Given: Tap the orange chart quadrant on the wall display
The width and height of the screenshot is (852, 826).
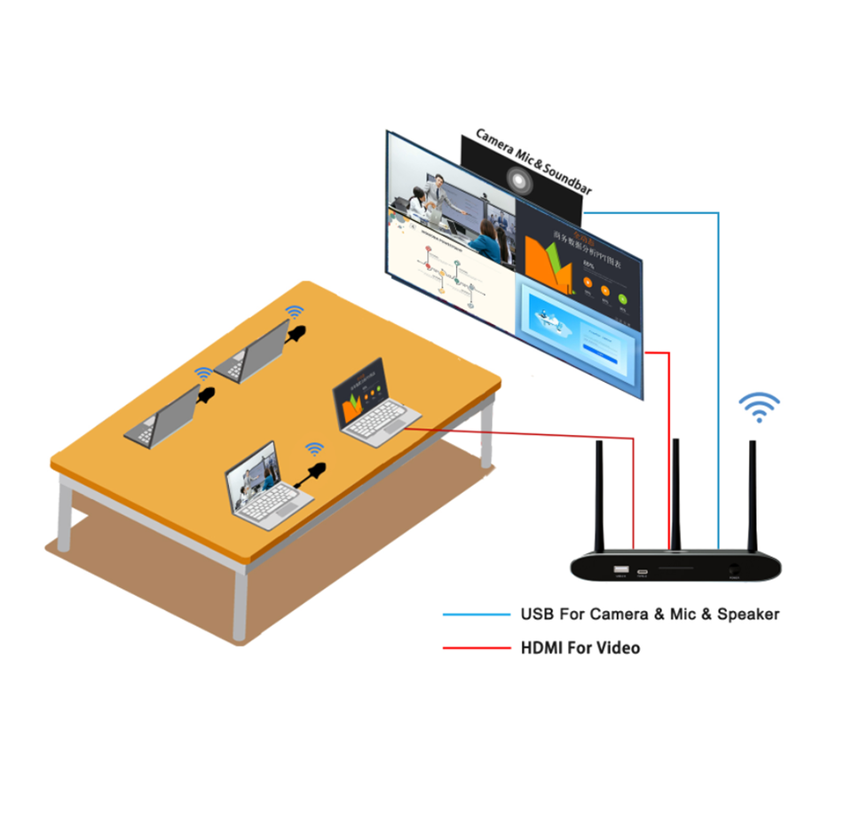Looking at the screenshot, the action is coord(576,254).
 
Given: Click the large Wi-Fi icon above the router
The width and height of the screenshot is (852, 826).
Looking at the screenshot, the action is coord(760,407).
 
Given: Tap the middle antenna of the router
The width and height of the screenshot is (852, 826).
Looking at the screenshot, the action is coord(675,493).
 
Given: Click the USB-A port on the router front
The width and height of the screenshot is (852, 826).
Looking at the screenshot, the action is coord(621,569).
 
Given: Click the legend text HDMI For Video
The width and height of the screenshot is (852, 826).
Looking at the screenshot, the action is coord(580,648).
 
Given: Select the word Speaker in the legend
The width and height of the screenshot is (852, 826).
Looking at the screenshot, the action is coord(748,615).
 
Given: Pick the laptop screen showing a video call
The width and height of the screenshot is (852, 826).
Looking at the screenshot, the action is coord(252,475).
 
